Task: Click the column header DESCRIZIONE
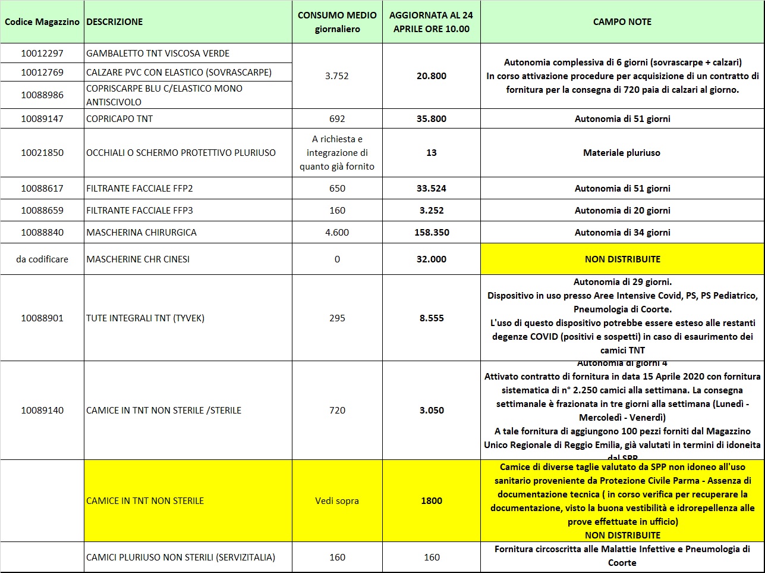(115, 22)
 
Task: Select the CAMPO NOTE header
(622, 22)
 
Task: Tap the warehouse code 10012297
(42, 54)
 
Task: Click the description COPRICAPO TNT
(119, 119)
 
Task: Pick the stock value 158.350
(432, 233)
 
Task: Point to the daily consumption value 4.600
(337, 233)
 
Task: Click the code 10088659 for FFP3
(42, 211)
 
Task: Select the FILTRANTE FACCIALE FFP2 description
(140, 189)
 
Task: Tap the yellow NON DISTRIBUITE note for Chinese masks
(622, 259)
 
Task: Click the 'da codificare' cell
(42, 259)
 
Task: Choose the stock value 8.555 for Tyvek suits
(432, 318)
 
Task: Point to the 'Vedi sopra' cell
(337, 501)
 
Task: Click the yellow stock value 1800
(432, 501)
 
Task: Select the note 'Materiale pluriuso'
(622, 153)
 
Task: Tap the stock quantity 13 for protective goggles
(432, 153)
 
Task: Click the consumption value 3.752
(337, 76)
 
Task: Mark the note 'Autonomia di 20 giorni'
(622, 211)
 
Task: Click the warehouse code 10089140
(42, 411)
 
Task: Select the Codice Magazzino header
(42, 22)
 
